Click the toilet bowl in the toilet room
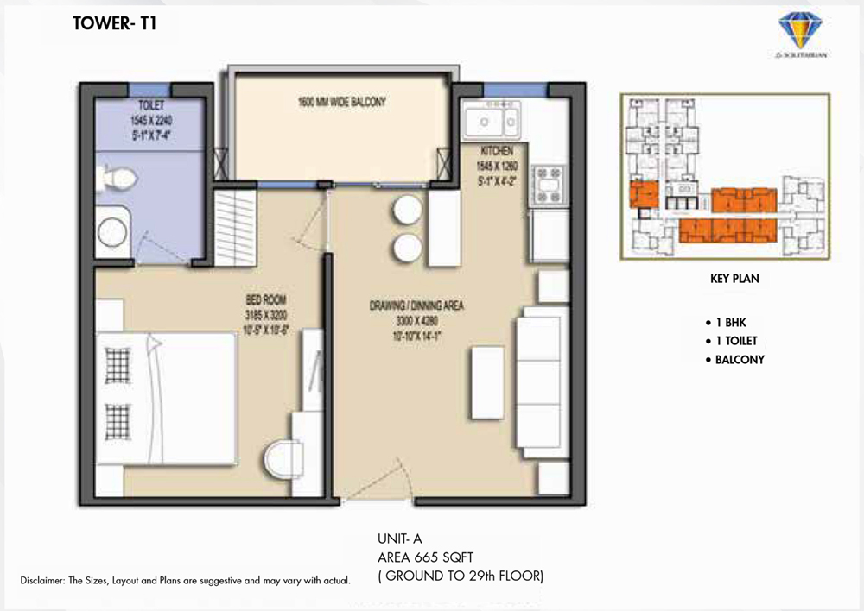[x=116, y=179]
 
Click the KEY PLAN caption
[x=734, y=280]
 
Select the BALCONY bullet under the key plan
[x=740, y=360]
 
